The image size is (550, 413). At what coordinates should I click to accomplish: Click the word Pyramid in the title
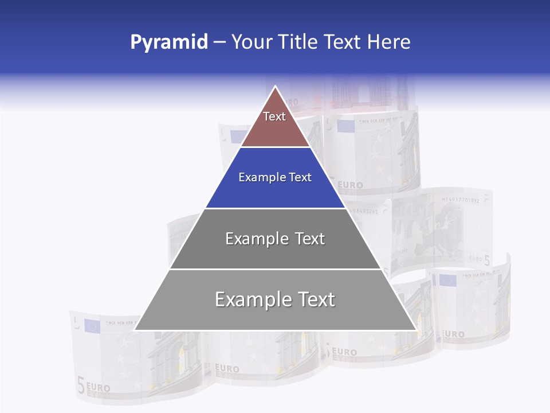168,42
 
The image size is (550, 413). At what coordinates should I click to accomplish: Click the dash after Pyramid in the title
219,42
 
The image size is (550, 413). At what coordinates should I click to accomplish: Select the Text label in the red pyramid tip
274,116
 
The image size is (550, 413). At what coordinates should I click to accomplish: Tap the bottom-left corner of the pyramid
135,330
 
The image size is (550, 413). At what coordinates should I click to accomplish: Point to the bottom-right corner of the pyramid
416,330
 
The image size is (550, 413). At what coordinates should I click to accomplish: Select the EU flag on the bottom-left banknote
92,326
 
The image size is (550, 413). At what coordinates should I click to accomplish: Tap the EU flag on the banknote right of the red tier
345,126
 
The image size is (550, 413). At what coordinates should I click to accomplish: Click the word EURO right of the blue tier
350,185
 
